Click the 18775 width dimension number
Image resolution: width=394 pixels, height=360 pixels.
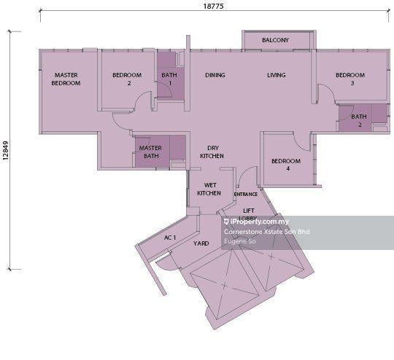click(x=213, y=6)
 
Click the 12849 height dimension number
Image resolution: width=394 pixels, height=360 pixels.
click(x=6, y=150)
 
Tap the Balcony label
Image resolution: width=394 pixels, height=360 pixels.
click(x=275, y=40)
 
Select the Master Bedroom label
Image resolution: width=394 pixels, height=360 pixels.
click(x=66, y=79)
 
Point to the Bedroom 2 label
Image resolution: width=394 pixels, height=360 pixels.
click(x=127, y=79)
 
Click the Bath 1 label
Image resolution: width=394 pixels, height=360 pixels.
click(x=169, y=79)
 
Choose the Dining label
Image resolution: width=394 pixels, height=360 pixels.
click(x=215, y=75)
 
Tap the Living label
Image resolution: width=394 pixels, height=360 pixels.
click(x=276, y=75)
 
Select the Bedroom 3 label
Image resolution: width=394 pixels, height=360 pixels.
click(x=350, y=79)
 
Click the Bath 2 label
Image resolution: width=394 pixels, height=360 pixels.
click(x=359, y=120)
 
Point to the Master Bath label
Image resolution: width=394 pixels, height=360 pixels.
click(x=150, y=152)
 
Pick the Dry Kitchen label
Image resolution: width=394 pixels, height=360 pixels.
click(x=212, y=152)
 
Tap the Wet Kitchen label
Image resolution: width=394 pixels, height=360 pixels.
click(x=209, y=189)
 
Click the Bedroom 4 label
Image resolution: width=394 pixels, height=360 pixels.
click(x=286, y=165)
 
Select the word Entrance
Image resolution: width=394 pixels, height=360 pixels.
click(x=246, y=194)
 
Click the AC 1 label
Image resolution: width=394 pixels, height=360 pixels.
click(x=170, y=238)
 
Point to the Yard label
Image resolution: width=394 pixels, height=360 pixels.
click(x=201, y=243)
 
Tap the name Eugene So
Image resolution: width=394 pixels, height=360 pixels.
click(x=240, y=241)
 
